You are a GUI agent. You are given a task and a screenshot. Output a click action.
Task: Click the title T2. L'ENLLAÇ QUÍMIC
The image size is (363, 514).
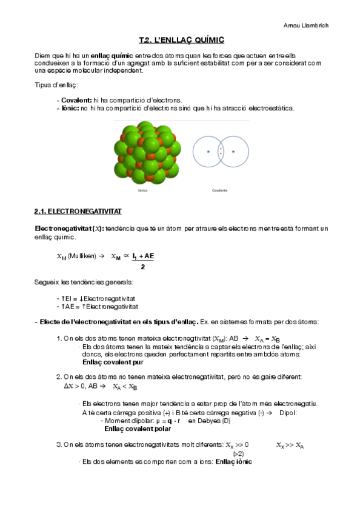point(181,40)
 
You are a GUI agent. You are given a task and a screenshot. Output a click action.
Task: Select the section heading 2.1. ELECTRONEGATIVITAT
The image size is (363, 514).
point(78,212)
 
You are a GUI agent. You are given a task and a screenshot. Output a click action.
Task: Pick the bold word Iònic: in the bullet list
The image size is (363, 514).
point(70,108)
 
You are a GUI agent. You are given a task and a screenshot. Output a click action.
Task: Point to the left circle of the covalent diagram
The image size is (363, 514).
point(208,151)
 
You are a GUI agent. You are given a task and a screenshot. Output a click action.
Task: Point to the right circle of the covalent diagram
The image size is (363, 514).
point(233,151)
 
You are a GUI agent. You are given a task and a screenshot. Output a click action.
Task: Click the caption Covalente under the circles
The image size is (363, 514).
point(220,190)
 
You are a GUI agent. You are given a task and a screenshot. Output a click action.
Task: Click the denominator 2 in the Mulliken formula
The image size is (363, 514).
point(142,267)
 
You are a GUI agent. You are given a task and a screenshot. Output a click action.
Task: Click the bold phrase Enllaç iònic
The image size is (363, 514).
point(229,461)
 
